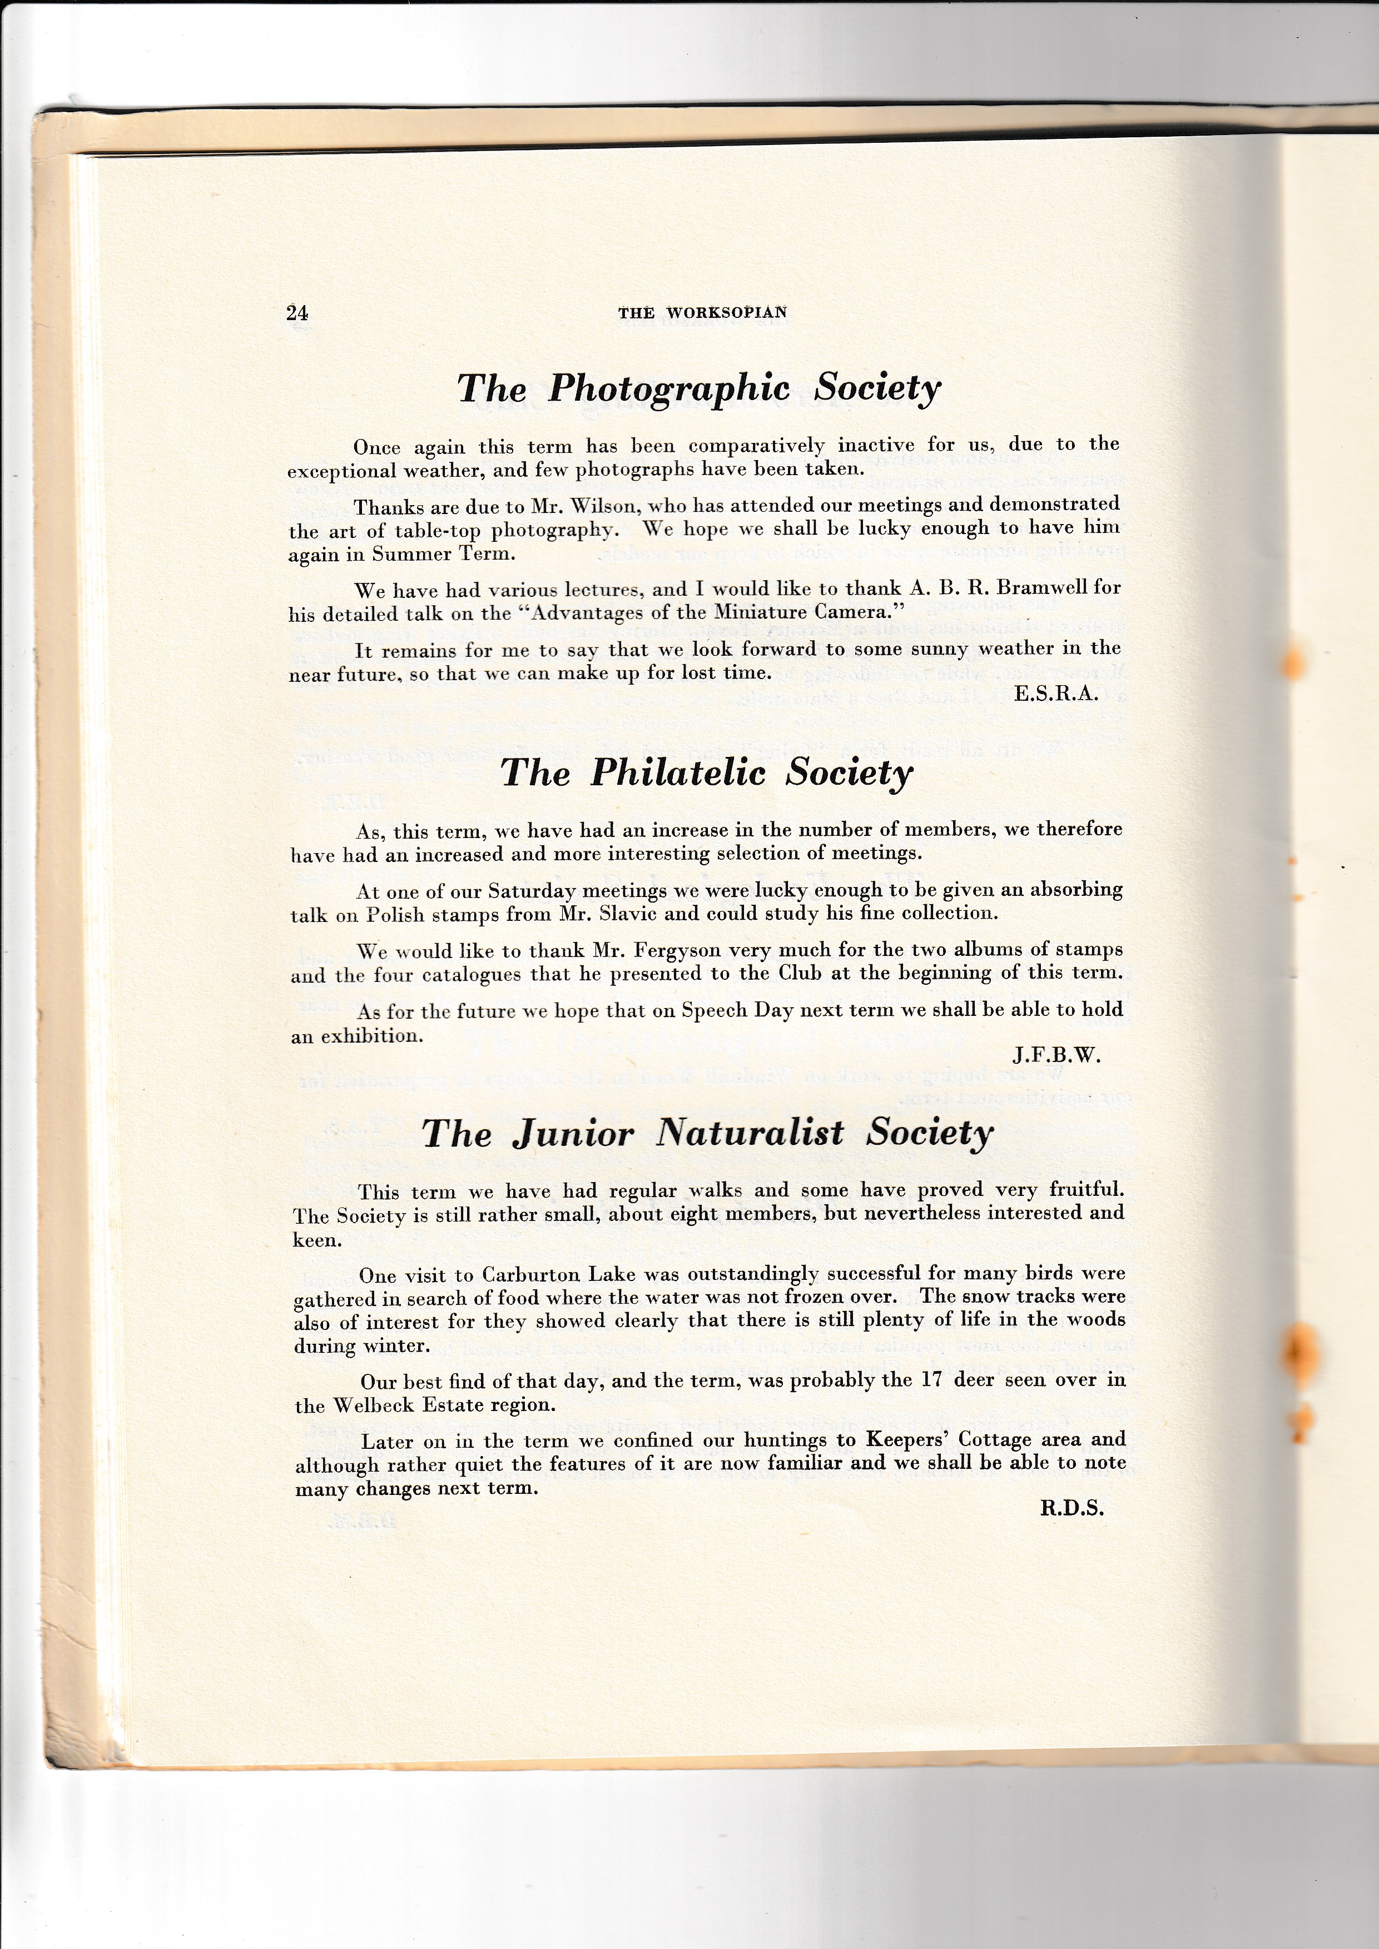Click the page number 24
pos(297,313)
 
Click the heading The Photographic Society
pos(699,390)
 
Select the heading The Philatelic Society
pos(706,773)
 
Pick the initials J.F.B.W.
pos(1056,1056)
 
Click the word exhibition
pos(370,1036)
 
